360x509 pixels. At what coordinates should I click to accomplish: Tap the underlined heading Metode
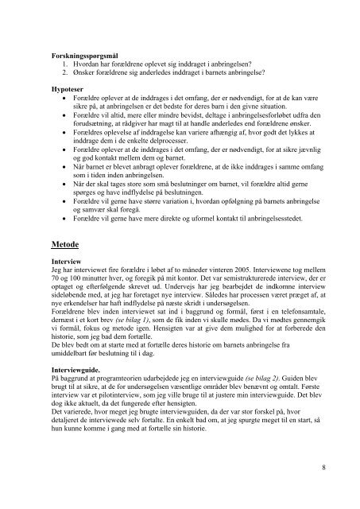tap(68, 246)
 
